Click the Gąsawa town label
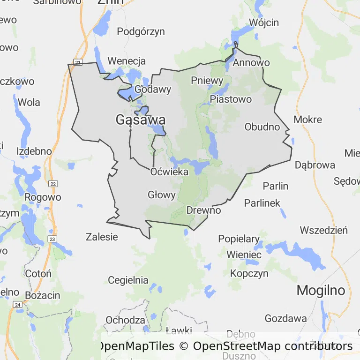[x=140, y=120]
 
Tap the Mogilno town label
[x=321, y=290]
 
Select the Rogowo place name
[x=43, y=197]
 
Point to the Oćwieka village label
[x=169, y=172]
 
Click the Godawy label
[x=152, y=89]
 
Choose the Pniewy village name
[x=207, y=80]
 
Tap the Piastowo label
[x=231, y=99]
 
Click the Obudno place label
[x=262, y=127]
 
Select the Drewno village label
[x=203, y=210]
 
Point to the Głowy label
[x=161, y=195]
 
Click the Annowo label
[x=251, y=62]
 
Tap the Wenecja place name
[x=127, y=61]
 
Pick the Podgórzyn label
[x=141, y=31]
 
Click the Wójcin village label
[x=264, y=22]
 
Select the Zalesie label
[x=102, y=237]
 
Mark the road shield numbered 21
[x=78, y=62]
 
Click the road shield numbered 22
[x=53, y=184]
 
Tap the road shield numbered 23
[x=52, y=239]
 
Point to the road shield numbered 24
[x=18, y=305]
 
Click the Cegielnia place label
[x=128, y=280]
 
